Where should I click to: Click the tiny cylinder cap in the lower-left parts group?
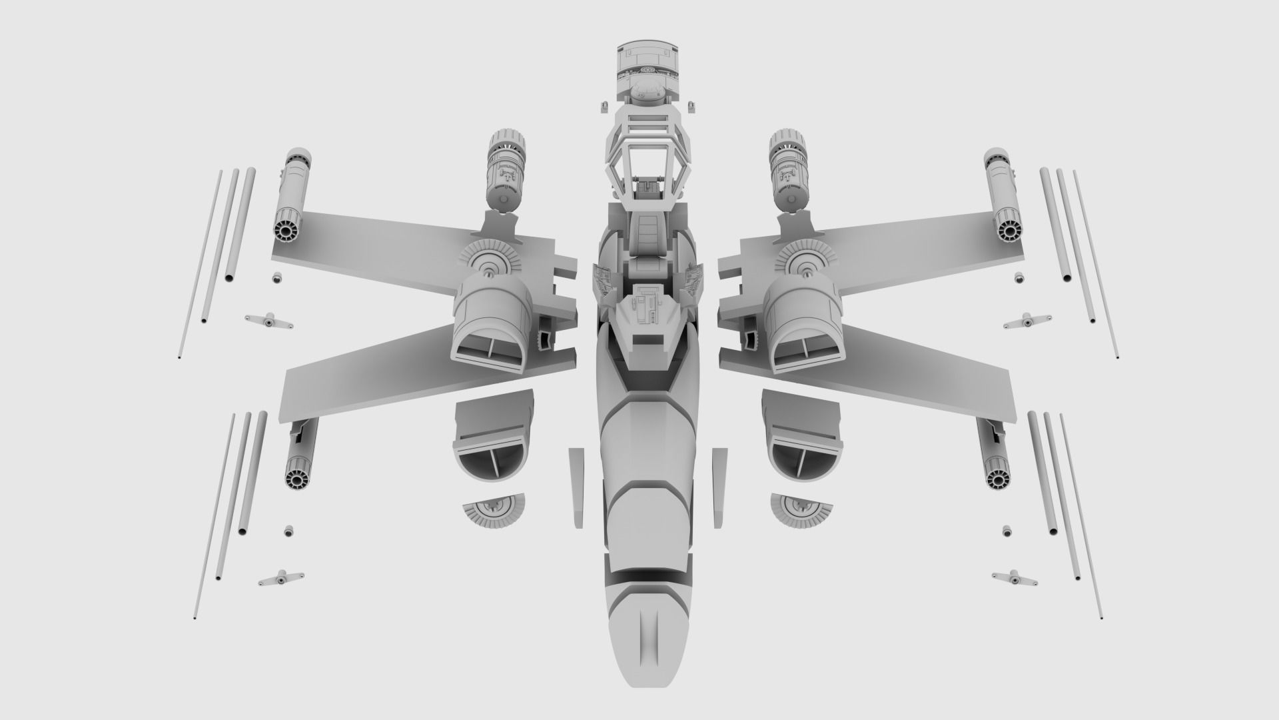[288, 531]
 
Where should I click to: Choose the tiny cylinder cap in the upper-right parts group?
[1017, 277]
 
